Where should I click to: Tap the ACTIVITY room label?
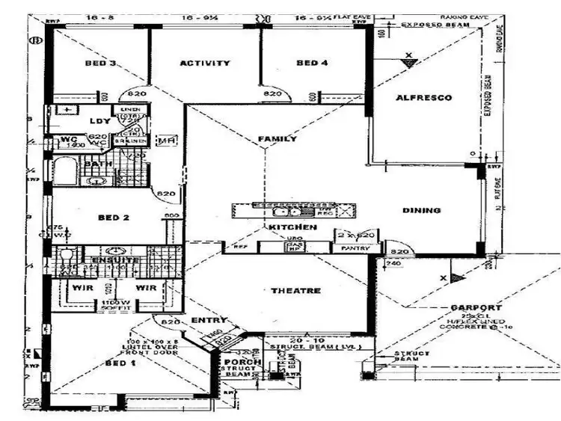point(205,64)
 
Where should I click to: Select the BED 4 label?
point(312,64)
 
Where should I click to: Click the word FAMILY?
point(277,139)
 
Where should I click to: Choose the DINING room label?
point(421,211)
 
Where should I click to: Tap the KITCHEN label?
point(292,227)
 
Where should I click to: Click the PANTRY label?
point(353,248)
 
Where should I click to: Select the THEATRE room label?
point(295,291)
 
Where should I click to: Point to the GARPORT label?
point(476,308)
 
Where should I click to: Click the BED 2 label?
point(114,218)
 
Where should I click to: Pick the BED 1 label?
point(117,363)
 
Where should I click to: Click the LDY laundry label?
point(99,121)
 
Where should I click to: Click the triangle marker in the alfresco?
point(408,65)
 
